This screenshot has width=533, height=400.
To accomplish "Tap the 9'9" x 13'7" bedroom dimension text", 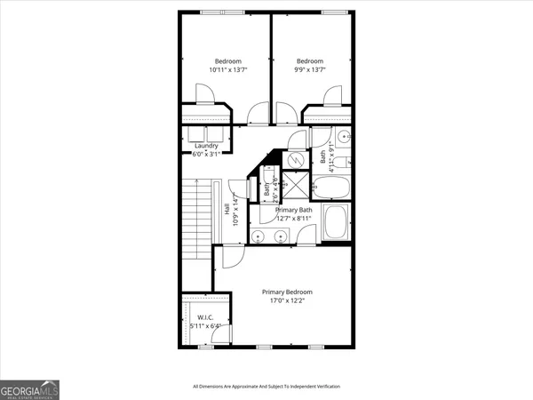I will (310, 69).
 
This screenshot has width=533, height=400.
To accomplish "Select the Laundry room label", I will (206, 147).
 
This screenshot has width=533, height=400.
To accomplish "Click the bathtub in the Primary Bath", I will (337, 223).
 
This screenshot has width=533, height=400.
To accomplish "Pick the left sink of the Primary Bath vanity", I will (259, 236).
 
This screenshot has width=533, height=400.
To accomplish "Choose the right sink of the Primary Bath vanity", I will (280, 236).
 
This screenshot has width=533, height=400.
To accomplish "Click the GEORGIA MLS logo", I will (29, 388).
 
